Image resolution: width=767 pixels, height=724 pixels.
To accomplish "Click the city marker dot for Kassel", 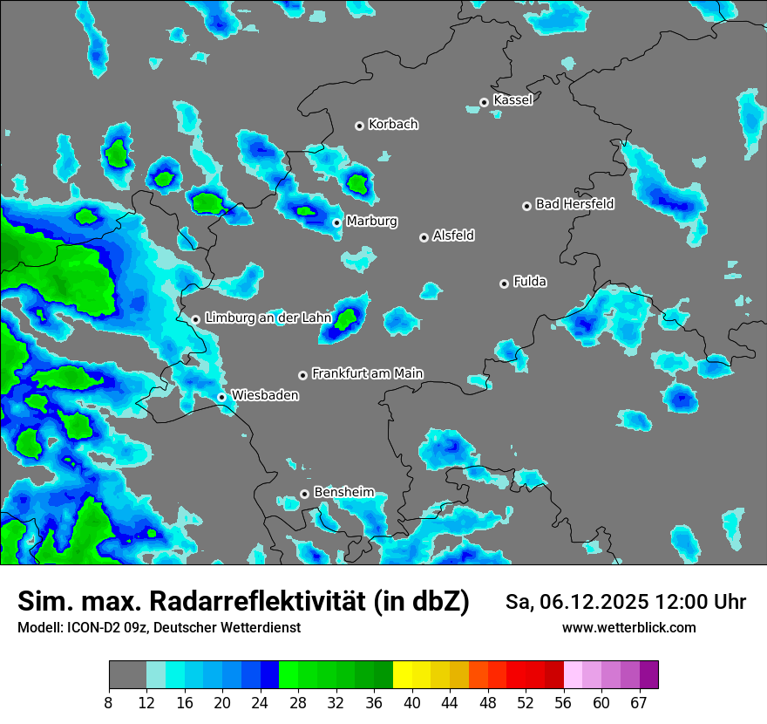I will click(485, 102).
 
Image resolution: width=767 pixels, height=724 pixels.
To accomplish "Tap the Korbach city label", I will click(393, 124).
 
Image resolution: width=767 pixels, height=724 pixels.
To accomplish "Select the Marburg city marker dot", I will click(336, 222).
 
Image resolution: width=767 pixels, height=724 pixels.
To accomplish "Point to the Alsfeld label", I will click(453, 236).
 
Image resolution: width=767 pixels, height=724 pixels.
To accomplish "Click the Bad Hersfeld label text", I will click(574, 204).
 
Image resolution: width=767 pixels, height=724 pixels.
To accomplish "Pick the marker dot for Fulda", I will click(504, 283).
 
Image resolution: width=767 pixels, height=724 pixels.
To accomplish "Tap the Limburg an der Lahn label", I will click(268, 318).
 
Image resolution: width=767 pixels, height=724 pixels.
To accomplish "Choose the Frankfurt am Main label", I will click(368, 373).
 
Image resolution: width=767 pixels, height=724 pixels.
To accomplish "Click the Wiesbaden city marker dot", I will click(222, 397).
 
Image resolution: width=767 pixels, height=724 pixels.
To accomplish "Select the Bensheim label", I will click(343, 492).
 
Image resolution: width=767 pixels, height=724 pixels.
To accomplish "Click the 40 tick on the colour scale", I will click(412, 702).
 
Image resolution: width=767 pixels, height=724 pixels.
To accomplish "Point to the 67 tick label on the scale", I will click(639, 702).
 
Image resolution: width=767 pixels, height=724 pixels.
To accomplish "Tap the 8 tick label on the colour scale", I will click(109, 702).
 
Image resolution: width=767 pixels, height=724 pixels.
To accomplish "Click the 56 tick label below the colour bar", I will click(563, 702).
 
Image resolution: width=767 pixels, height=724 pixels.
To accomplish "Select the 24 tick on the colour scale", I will click(261, 702).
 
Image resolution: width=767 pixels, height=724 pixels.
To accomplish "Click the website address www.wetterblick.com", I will click(629, 627).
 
